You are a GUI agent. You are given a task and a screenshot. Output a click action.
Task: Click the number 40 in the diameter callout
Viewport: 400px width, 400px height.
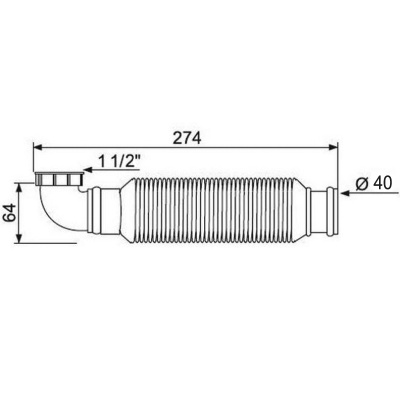click(380, 182)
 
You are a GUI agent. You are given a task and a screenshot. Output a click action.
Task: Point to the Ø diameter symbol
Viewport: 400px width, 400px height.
click(362, 182)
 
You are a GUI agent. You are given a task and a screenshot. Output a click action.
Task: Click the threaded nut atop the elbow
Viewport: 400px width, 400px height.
click(57, 181)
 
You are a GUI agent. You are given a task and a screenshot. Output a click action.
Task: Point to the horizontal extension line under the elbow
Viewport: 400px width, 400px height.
click(40, 241)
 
